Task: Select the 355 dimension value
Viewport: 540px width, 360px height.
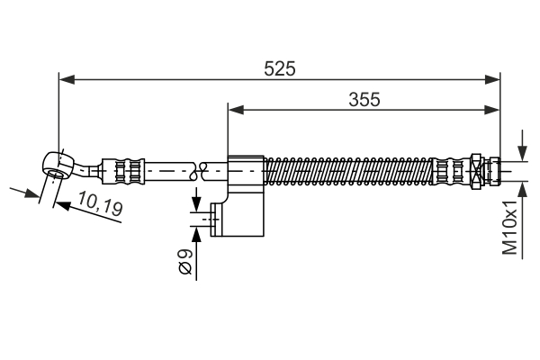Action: pyautogui.click(x=364, y=99)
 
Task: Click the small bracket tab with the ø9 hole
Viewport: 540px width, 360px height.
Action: pyautogui.click(x=216, y=219)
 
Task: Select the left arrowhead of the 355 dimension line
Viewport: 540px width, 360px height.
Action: pyautogui.click(x=234, y=111)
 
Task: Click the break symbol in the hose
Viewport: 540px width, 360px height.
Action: pyautogui.click(x=203, y=168)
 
